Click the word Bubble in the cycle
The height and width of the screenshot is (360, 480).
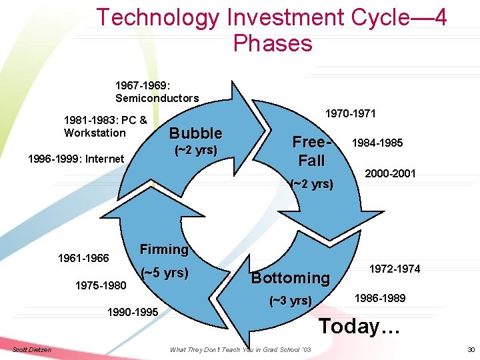click(195, 133)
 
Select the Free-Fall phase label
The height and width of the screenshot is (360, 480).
click(311, 151)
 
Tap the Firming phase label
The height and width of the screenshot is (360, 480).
click(164, 249)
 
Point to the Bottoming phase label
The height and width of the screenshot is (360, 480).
click(290, 277)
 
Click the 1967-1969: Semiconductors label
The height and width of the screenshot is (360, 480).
click(157, 92)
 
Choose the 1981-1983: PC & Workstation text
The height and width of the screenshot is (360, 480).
click(105, 127)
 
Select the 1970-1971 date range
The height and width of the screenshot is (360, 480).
click(349, 113)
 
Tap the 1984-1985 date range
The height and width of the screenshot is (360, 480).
click(377, 143)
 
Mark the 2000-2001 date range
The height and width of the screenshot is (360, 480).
click(390, 173)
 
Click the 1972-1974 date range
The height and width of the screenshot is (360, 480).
click(395, 269)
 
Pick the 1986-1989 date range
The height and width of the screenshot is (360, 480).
click(379, 298)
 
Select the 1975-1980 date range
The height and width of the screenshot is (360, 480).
click(100, 285)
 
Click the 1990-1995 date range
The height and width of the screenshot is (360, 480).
click(133, 312)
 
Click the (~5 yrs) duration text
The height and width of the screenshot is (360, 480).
click(165, 273)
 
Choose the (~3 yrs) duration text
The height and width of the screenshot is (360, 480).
click(290, 301)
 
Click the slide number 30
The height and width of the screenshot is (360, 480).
click(471, 349)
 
